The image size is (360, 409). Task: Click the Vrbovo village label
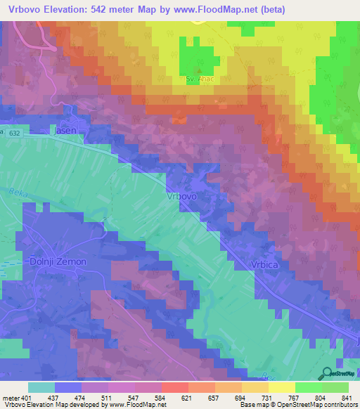tap(181, 197)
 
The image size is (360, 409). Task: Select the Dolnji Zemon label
tap(58, 261)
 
